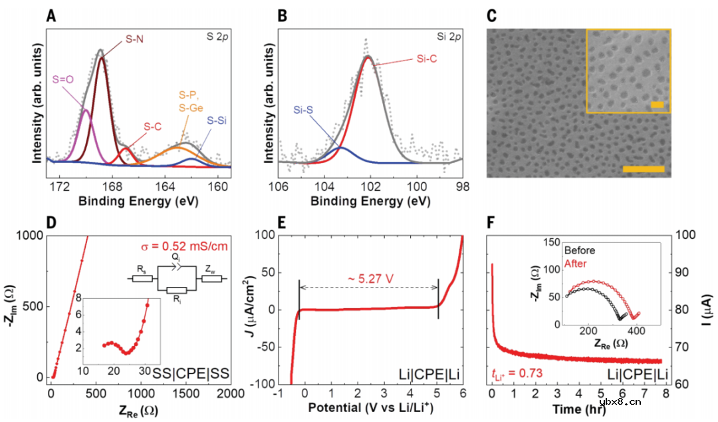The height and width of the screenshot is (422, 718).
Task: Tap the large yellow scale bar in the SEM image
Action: click(644, 169)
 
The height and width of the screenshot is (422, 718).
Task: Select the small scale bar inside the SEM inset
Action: click(657, 105)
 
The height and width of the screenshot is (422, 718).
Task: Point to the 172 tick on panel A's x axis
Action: click(60, 185)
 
